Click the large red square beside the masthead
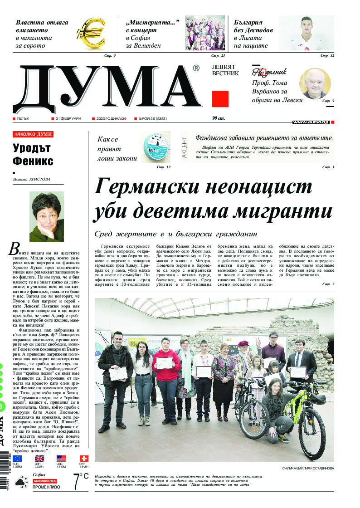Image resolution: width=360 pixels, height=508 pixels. [x=220, y=99]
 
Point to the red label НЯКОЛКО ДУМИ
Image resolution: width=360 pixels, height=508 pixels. [x=33, y=134]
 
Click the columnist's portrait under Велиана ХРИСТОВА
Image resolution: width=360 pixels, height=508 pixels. [x=46, y=216]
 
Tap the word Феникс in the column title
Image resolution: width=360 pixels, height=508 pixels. [x=33, y=161]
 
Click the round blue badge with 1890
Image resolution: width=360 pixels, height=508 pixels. [x=156, y=147]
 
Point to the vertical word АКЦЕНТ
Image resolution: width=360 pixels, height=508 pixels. [x=185, y=147]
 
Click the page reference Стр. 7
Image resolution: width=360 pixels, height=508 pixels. [x=328, y=284]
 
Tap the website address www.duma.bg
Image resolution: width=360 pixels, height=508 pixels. [x=311, y=122]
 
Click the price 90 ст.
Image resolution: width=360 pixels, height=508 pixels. [x=219, y=118]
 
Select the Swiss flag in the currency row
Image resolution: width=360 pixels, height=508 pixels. [x=84, y=459]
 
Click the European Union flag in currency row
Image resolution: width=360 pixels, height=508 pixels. [x=17, y=459]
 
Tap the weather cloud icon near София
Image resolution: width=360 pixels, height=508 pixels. [x=21, y=484]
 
